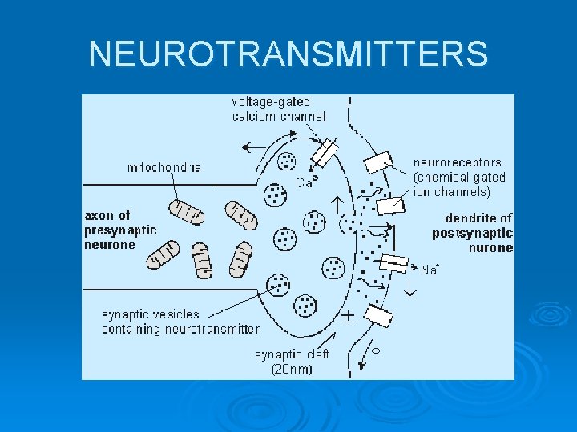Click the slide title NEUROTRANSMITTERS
288,54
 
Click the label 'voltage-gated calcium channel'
279,109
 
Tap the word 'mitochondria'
164,168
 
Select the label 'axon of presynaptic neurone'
121,230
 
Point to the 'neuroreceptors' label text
457,162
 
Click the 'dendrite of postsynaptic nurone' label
473,233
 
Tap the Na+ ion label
430,270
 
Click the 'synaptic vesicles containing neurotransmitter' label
180,322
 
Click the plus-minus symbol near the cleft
348,315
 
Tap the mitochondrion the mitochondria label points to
186,212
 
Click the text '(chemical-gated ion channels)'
459,184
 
